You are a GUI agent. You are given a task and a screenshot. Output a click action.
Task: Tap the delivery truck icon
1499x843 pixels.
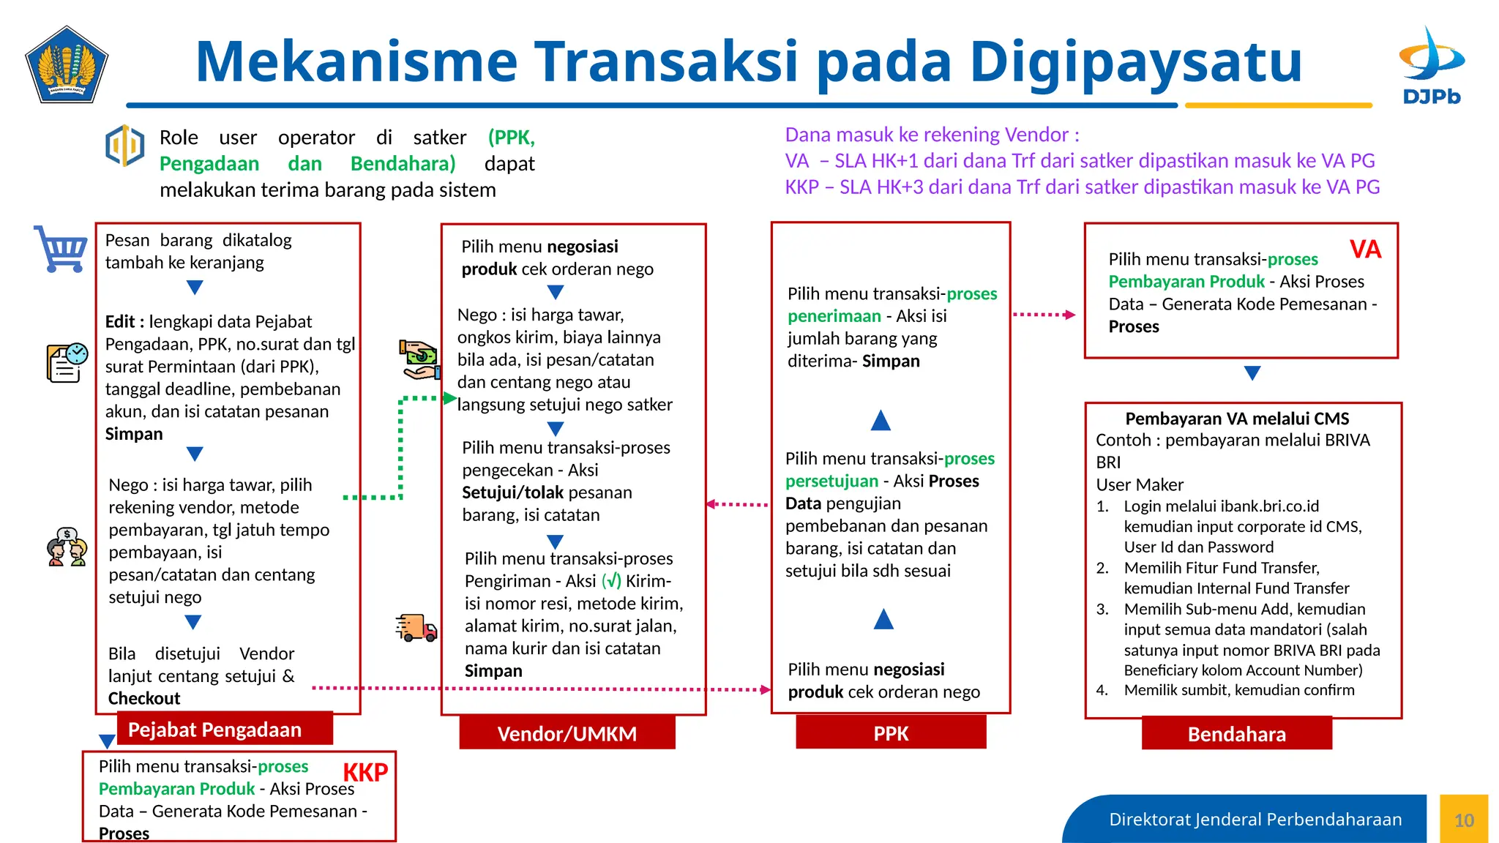point(416,628)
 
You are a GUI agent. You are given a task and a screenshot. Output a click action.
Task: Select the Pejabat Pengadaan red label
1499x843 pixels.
point(214,730)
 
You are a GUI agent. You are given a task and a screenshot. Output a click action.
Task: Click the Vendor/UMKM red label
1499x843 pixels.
point(567,733)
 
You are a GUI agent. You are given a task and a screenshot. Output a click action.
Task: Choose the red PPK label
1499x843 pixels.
point(891,733)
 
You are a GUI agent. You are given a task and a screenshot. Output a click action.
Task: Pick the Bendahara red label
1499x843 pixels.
point(1236,734)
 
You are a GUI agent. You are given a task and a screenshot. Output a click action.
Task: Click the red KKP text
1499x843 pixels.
point(365,772)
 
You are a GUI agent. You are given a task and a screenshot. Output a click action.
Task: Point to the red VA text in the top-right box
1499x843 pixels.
point(1365,250)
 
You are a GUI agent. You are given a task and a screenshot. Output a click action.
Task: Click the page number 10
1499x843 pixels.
point(1464,820)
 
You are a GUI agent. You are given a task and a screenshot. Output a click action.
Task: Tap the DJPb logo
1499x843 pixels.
point(1431,67)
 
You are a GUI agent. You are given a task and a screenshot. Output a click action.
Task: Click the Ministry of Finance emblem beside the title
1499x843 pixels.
point(67,66)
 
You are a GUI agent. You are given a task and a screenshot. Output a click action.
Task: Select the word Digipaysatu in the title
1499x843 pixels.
point(1135,62)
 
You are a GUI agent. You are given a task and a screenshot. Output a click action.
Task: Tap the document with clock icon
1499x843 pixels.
point(67,362)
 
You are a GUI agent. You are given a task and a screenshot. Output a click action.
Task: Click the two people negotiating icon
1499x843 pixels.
point(67,547)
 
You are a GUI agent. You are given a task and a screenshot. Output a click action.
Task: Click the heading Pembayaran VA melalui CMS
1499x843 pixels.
point(1236,419)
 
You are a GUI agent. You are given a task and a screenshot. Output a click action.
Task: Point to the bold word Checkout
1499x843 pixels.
point(144,698)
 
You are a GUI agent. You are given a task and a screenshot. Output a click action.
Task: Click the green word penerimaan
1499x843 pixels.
point(834,316)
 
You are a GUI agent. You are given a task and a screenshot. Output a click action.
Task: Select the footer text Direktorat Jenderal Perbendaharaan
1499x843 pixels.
point(1255,820)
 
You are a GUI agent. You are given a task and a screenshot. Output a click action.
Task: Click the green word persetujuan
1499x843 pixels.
point(831,481)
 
